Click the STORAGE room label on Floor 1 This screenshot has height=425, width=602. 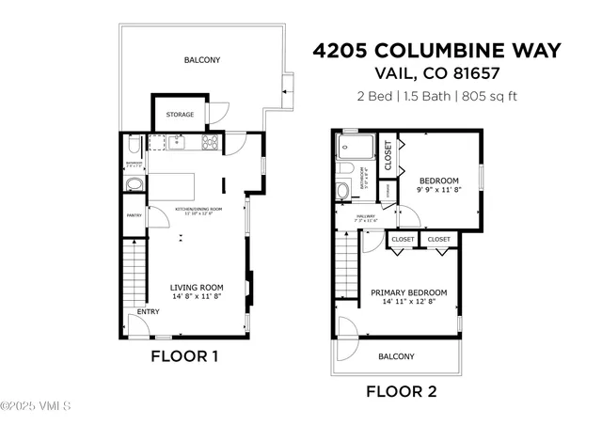coord(181,115)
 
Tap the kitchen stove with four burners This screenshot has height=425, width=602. coord(211,143)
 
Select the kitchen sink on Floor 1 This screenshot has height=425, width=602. coord(176,143)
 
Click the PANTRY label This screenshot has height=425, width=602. coord(135,215)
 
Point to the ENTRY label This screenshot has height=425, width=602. coord(148,311)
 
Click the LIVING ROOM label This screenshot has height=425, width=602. coord(197,288)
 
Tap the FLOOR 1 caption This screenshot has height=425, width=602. coord(185,356)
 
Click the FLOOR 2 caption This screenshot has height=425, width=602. coord(402,391)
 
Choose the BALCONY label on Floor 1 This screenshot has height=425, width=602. coord(202,60)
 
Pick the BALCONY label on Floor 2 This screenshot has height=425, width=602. coord(396,356)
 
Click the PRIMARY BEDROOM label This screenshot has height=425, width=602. coord(408,292)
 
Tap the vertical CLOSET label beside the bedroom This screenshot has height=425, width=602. coord(388,155)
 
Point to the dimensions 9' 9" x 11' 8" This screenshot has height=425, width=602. coord(438,189)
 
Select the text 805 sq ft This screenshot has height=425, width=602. coord(489,95)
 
